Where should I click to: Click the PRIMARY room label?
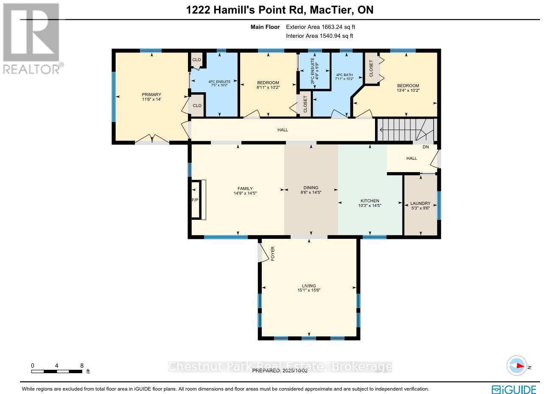[151, 94]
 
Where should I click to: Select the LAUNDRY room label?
[420, 203]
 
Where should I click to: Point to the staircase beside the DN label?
[406, 130]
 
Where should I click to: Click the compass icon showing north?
[517, 366]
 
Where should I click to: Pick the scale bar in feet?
[57, 371]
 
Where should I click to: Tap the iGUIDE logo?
[514, 389]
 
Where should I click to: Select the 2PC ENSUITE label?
[313, 71]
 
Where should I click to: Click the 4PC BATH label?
[344, 75]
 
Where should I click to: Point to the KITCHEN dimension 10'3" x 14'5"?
[370, 206]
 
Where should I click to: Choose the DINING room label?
[311, 187]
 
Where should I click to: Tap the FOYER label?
[273, 253]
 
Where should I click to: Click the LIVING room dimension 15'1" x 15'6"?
[309, 290]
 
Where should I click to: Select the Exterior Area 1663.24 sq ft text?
[320, 27]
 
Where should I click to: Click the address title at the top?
[280, 10]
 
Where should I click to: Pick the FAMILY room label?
[245, 188]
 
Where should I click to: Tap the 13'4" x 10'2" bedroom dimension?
[408, 90]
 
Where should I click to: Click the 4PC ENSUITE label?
[219, 82]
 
